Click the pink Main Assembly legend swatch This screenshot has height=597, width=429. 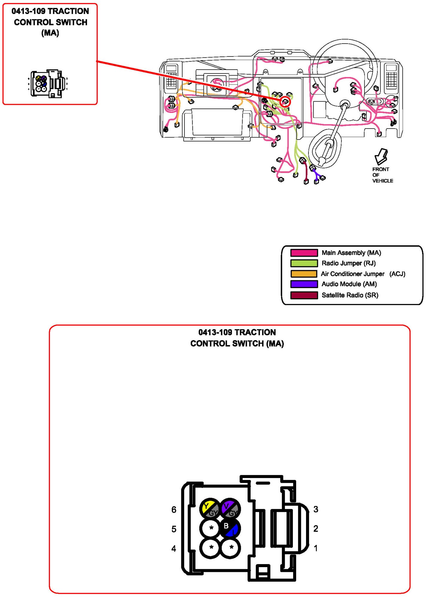tap(304, 253)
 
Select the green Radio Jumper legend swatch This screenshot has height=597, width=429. tap(304, 263)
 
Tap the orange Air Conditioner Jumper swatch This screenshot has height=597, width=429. tap(304, 274)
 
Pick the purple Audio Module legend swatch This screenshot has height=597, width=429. tap(304, 284)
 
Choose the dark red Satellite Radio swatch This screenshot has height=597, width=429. tap(304, 295)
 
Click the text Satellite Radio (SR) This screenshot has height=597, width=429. tap(350, 295)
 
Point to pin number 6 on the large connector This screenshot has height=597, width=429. tap(174, 509)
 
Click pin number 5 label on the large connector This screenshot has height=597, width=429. tap(174, 529)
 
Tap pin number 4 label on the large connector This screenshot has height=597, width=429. tap(174, 549)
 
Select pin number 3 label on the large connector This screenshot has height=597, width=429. tap(316, 509)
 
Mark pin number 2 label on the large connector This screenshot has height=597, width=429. tap(316, 529)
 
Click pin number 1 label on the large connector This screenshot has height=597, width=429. tap(316, 548)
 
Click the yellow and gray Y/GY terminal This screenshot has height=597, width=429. tap(210, 509)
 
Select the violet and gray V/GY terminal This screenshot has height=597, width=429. tap(230, 509)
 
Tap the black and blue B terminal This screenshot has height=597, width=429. tap(230, 528)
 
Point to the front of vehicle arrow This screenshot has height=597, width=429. tap(381, 156)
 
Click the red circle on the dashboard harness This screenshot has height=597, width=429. tap(285, 102)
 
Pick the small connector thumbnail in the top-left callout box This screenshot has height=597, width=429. tap(48, 84)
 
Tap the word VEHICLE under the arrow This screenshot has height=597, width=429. tap(383, 181)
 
